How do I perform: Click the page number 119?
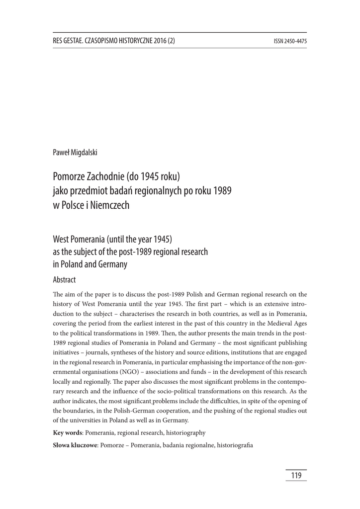point(296,476)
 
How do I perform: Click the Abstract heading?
point(64,280)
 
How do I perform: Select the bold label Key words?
point(68,433)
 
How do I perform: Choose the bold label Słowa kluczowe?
point(76,445)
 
